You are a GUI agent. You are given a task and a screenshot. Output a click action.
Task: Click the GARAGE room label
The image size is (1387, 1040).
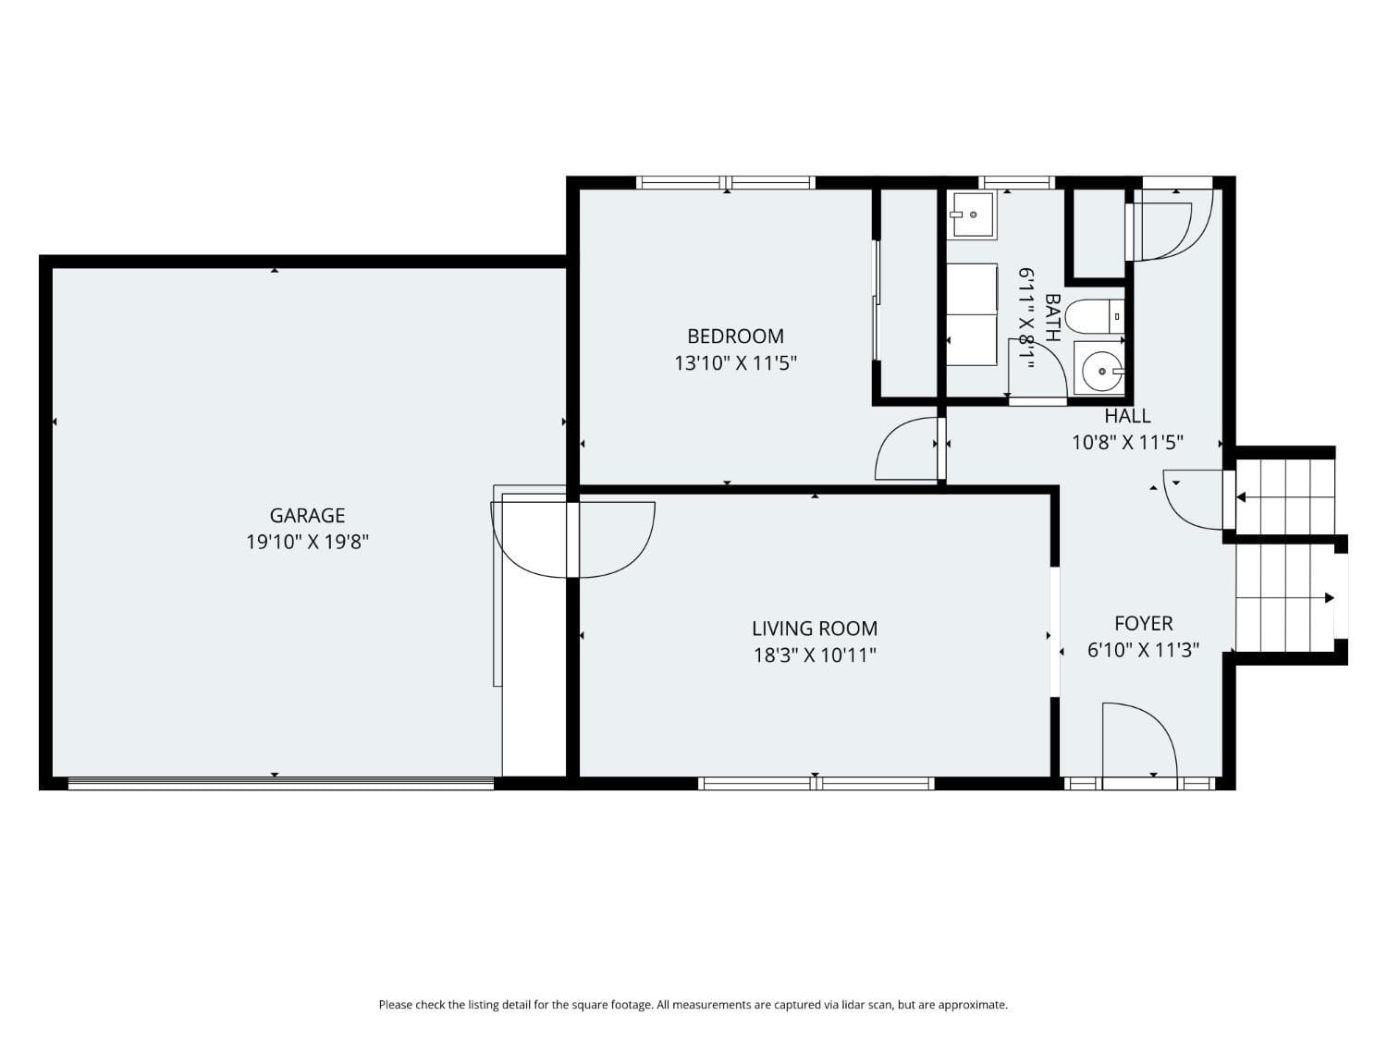click(x=307, y=516)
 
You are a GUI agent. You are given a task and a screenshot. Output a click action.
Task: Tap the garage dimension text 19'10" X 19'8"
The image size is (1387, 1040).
click(x=307, y=542)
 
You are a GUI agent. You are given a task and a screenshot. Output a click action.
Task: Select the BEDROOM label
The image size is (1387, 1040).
click(x=735, y=336)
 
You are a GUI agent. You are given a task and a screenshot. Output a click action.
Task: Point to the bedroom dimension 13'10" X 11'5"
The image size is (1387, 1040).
click(x=735, y=363)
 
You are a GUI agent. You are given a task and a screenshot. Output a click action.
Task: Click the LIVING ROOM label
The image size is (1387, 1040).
click(x=814, y=629)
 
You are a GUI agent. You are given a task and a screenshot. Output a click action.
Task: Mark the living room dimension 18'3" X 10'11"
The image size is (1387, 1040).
click(x=814, y=655)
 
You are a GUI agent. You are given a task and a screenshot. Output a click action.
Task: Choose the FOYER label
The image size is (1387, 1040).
click(x=1143, y=624)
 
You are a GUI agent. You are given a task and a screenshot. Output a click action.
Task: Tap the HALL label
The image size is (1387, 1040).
click(x=1127, y=416)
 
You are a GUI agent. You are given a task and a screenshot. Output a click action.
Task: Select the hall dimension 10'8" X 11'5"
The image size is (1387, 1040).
click(x=1127, y=443)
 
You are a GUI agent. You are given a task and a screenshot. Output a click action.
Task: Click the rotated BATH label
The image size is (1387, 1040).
click(x=1051, y=318)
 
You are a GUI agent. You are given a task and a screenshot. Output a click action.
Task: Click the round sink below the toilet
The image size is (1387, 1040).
click(x=1099, y=370)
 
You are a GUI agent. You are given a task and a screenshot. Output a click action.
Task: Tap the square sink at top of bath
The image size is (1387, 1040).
click(x=971, y=215)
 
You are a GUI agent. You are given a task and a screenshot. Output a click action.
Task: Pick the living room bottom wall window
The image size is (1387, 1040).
click(x=816, y=784)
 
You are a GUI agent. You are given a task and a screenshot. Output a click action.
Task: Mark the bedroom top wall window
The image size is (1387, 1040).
click(x=727, y=182)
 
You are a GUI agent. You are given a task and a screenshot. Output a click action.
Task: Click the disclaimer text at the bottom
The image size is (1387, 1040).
click(x=693, y=1005)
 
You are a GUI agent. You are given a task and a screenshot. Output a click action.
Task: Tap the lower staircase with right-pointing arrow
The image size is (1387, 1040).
click(x=1285, y=598)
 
